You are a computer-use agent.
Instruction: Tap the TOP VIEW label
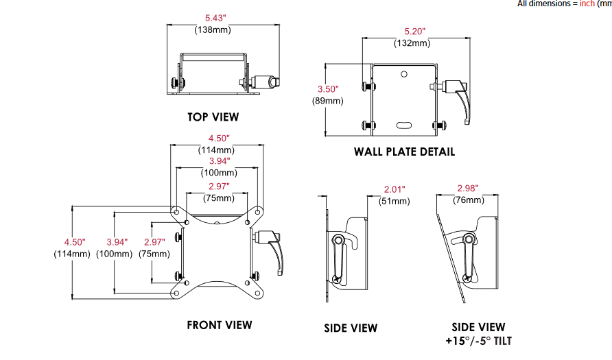coord(213,117)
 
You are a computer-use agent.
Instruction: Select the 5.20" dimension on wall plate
coord(415,32)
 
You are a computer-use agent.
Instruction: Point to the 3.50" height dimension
coord(329,89)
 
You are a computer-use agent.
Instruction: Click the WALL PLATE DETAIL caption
coord(404,152)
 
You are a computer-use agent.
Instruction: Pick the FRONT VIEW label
coord(219,325)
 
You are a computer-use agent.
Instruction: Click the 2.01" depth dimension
coord(395,189)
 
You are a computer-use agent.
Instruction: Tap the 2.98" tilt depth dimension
coord(467,189)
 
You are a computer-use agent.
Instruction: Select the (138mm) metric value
coord(213,29)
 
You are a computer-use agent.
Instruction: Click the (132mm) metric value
coord(412,43)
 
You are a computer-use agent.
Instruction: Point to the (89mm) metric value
coord(328,101)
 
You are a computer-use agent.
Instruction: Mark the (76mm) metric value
coord(469,200)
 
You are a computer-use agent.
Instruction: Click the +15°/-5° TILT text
coord(478,341)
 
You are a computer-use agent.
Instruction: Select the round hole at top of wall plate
coord(404,73)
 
